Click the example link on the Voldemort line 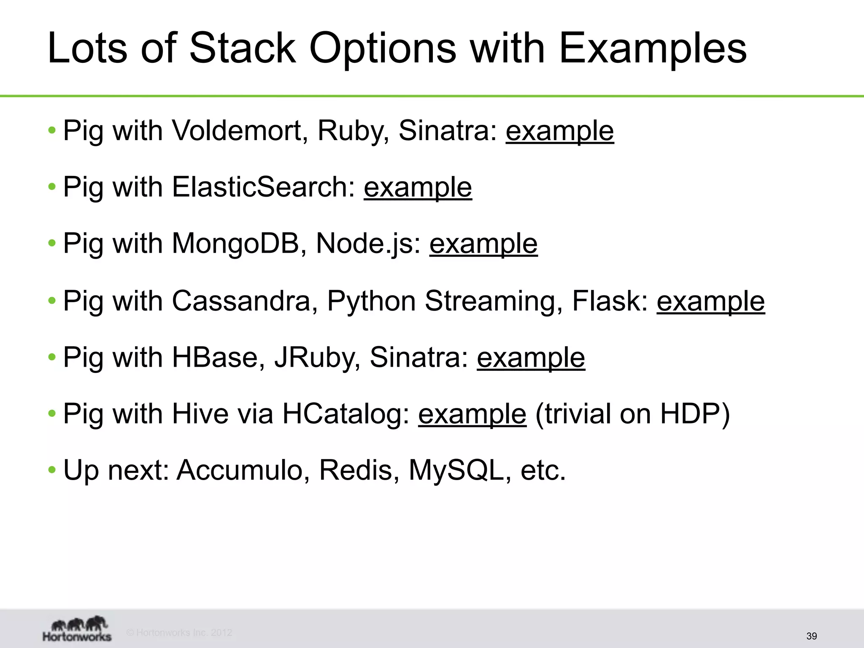(x=559, y=131)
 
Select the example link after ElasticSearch (x=418, y=188)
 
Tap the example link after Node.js (x=483, y=244)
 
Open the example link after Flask (x=710, y=302)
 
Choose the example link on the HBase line (x=531, y=358)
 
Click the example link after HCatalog (x=472, y=414)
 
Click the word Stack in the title (x=243, y=48)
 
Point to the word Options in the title (x=383, y=48)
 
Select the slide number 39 (x=811, y=636)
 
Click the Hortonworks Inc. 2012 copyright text (x=179, y=632)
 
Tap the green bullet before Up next (x=52, y=470)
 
